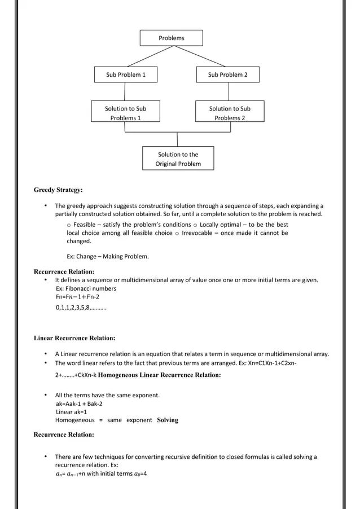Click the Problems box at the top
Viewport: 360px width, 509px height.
point(171,38)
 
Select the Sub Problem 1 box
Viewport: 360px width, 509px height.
point(125,74)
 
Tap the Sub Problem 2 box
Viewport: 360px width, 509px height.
point(227,74)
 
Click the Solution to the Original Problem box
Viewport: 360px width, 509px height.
point(178,159)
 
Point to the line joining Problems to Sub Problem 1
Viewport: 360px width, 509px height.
point(148,56)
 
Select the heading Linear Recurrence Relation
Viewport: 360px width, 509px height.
point(74,339)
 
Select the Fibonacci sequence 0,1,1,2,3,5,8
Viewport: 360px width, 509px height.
point(81,308)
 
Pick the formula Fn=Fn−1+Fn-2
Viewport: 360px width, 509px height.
point(77,297)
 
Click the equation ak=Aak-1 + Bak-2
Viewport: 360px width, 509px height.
point(79,404)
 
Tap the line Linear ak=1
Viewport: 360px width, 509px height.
point(71,412)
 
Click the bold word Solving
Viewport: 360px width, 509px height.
point(167,420)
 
